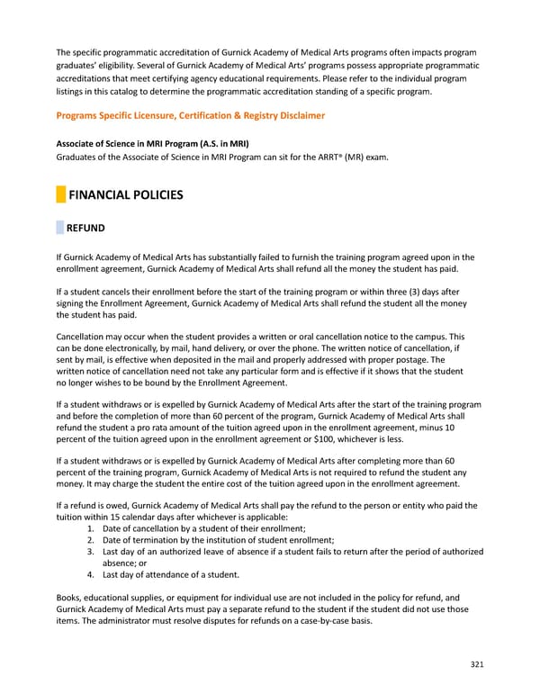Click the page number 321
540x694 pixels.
pyautogui.click(x=476, y=664)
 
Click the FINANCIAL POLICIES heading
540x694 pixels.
pyautogui.click(x=126, y=194)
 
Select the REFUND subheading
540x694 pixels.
pyautogui.click(x=86, y=229)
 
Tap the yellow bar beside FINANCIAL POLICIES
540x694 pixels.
pyautogui.click(x=60, y=194)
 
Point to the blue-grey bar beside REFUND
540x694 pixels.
pyautogui.click(x=60, y=229)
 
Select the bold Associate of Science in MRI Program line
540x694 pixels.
pyautogui.click(x=152, y=143)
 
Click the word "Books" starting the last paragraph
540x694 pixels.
pyautogui.click(x=69, y=598)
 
